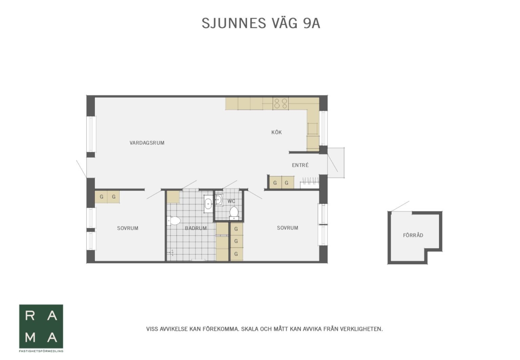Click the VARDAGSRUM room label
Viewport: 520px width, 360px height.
tap(147, 143)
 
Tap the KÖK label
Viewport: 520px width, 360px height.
tap(276, 132)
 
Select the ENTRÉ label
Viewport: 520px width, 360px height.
tap(300, 165)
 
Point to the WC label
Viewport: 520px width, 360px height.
tap(231, 201)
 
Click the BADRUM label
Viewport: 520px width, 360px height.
tap(196, 228)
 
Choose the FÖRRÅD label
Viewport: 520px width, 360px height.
tap(413, 235)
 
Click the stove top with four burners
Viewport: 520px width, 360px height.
tap(281, 103)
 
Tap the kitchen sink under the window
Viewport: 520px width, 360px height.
tap(313, 129)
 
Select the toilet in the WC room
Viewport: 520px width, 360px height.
tap(234, 212)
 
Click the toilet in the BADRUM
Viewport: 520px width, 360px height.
tap(174, 221)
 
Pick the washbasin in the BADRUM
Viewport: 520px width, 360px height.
tap(208, 204)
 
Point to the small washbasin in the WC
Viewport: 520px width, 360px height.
tap(219, 199)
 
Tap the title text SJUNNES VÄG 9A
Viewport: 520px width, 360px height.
tap(261, 23)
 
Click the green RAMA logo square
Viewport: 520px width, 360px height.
tap(41, 326)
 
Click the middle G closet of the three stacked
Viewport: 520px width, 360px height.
tap(237, 241)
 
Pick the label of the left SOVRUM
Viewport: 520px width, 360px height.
tap(128, 228)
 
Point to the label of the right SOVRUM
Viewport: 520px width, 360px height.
tap(288, 228)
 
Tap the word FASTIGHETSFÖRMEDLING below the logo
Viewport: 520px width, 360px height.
tap(41, 351)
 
